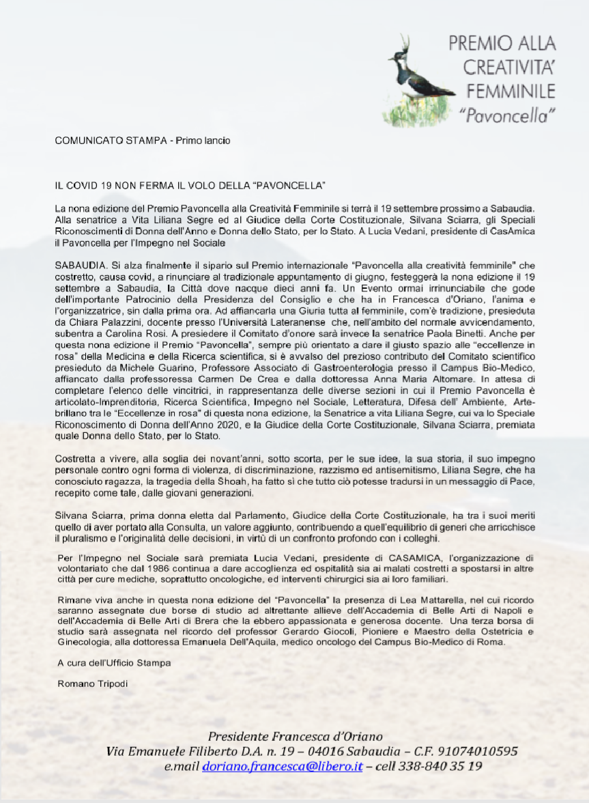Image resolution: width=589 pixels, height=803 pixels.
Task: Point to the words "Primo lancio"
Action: (x=203, y=141)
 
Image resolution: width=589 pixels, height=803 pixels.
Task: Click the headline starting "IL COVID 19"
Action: (x=190, y=186)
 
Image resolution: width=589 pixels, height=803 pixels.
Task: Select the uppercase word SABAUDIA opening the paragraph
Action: (x=76, y=264)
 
